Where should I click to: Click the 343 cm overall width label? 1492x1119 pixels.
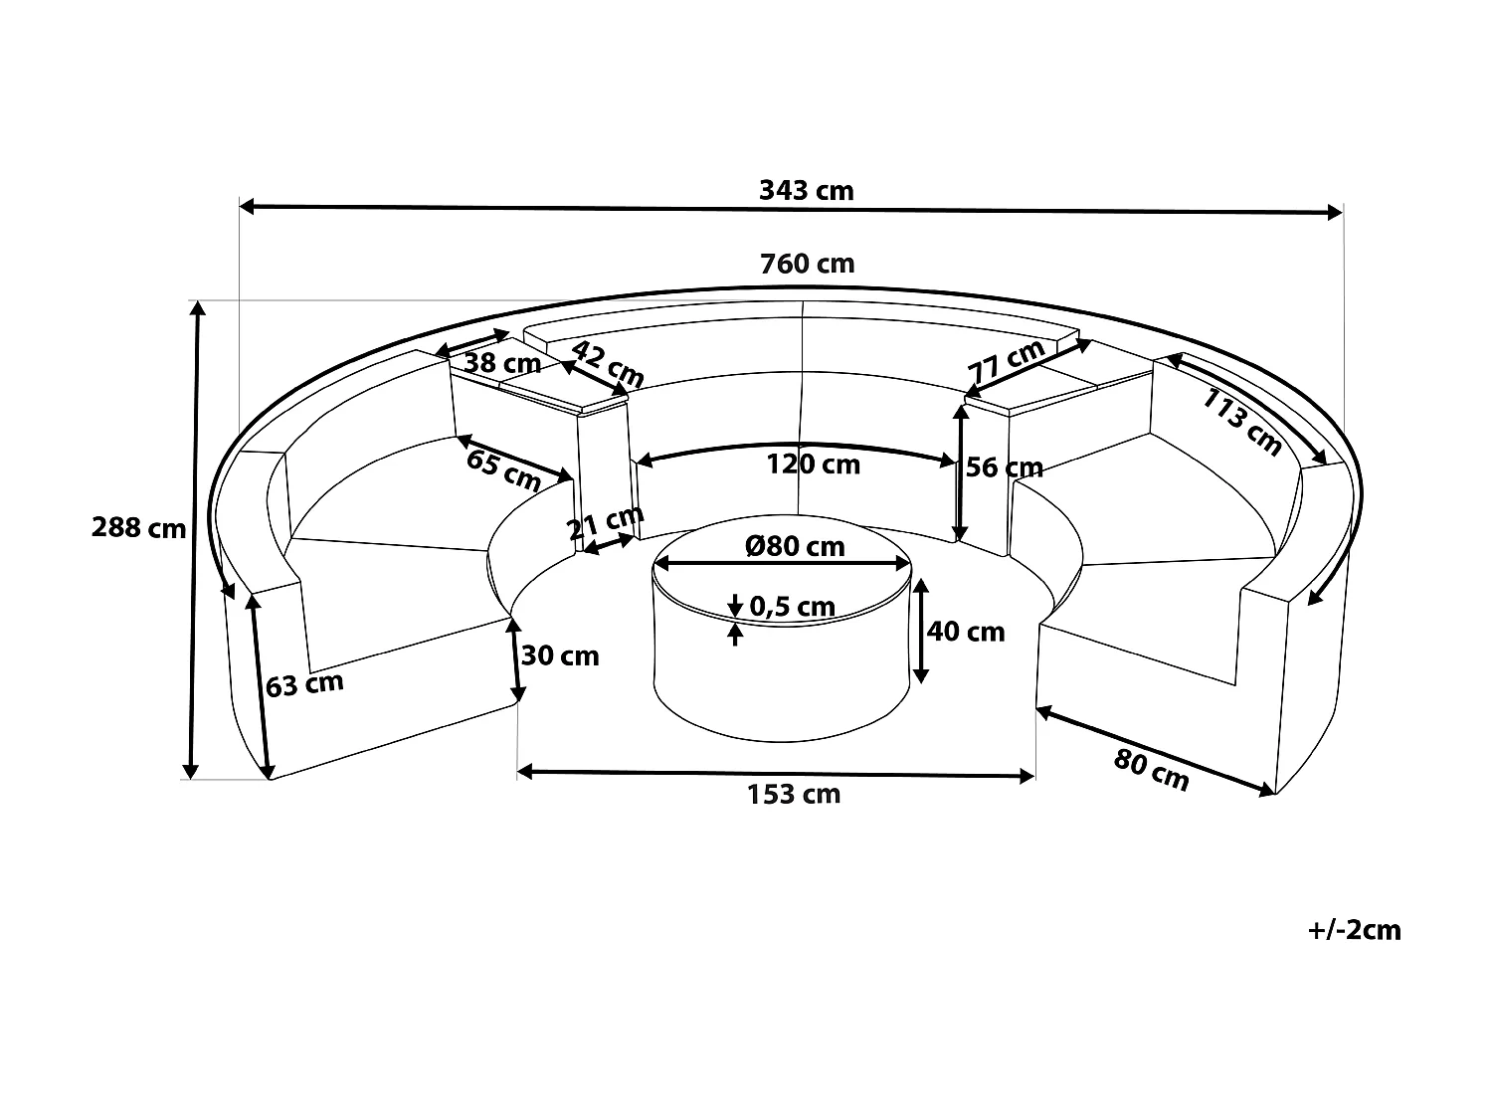pyautogui.click(x=806, y=190)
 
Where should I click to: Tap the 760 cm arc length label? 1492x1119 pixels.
pyautogui.click(x=807, y=264)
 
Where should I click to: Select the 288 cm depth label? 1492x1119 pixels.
pyautogui.click(x=138, y=527)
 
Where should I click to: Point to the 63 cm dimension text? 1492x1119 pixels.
pyautogui.click(x=304, y=684)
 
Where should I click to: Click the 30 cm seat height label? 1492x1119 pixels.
pyautogui.click(x=560, y=655)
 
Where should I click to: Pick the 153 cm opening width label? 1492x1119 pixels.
pyautogui.click(x=793, y=794)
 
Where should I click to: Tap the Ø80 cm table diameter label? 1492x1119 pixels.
pyautogui.click(x=795, y=545)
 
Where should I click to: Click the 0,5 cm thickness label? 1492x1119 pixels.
pyautogui.click(x=792, y=606)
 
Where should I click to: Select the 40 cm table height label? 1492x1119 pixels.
pyautogui.click(x=965, y=631)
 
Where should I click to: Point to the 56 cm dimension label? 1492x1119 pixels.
pyautogui.click(x=1005, y=467)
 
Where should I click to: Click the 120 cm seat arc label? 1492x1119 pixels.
pyautogui.click(x=813, y=465)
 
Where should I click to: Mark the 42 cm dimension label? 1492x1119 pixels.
pyautogui.click(x=609, y=364)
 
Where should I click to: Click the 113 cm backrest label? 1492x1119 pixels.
pyautogui.click(x=1242, y=422)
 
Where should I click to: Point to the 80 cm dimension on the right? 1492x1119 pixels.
pyautogui.click(x=1151, y=770)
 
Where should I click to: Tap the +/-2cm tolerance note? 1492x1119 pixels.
pyautogui.click(x=1355, y=930)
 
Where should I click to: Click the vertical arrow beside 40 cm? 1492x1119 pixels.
pyautogui.click(x=920, y=632)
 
